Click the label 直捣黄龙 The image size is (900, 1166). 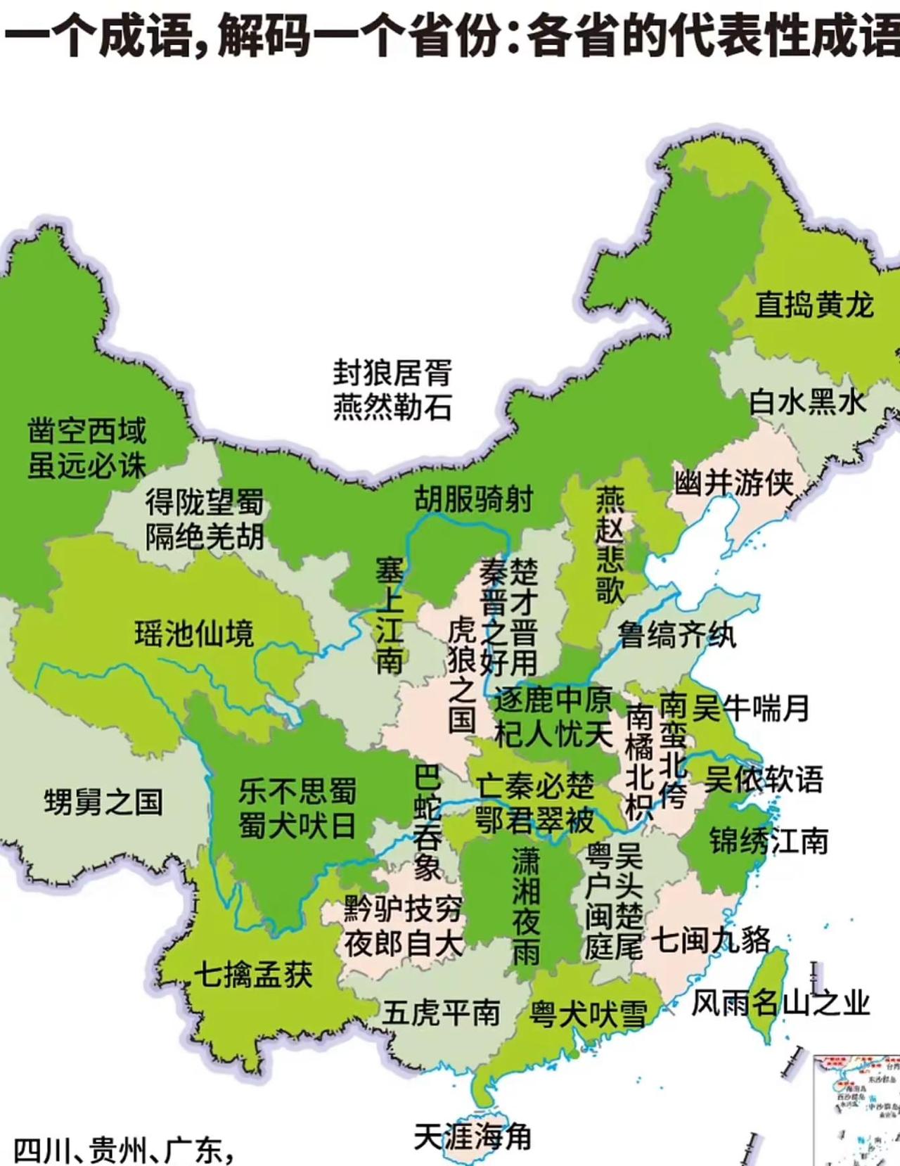(814, 305)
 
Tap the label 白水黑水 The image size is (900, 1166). (808, 402)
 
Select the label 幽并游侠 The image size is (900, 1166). (734, 483)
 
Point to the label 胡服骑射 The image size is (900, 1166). (473, 499)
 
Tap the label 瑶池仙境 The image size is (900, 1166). (195, 633)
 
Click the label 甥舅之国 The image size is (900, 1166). (103, 802)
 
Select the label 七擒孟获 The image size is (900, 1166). (253, 975)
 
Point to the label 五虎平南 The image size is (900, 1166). (441, 1013)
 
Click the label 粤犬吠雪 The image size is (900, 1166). (588, 1014)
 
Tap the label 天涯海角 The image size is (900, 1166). (472, 1137)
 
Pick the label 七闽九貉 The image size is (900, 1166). (711, 940)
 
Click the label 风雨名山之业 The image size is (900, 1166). (780, 1003)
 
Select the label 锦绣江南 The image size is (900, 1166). (769, 840)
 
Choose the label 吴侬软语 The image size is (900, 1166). (764, 779)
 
